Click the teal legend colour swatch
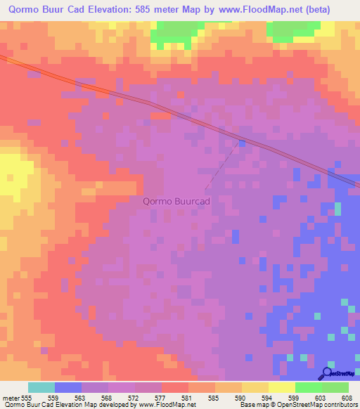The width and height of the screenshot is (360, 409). pos(41,387)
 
